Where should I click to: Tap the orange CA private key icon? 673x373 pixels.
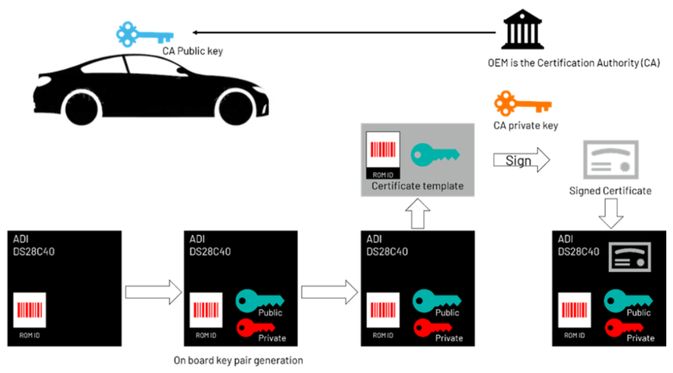tap(522, 105)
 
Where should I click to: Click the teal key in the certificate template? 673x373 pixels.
tap(435, 153)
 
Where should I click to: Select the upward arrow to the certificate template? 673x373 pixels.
tap(417, 215)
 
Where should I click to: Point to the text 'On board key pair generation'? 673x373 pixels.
tap(239, 360)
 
